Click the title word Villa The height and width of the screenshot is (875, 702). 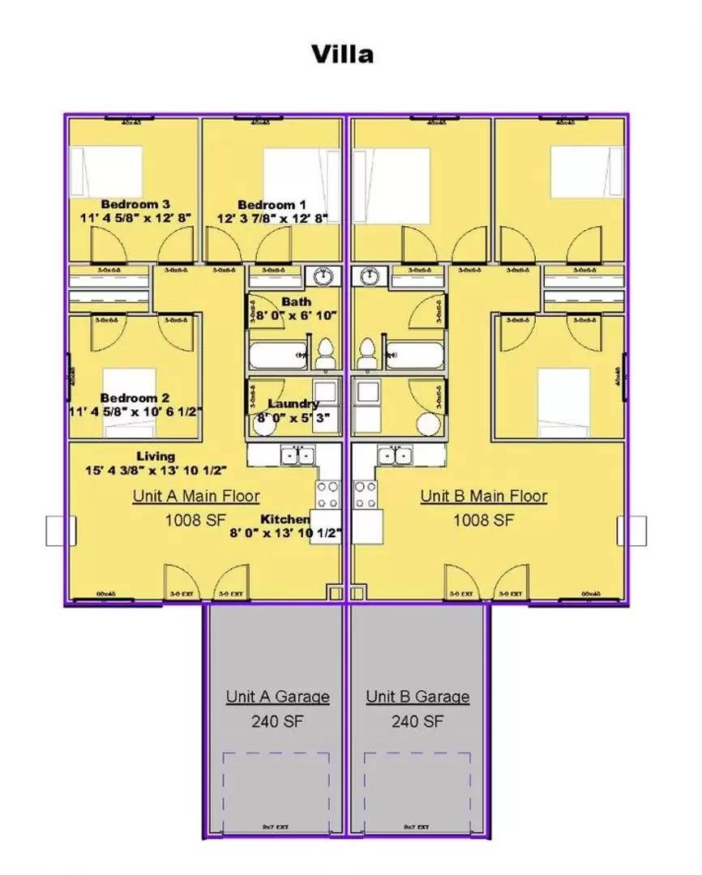[x=343, y=54]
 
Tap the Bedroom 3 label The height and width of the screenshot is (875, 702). [x=135, y=204]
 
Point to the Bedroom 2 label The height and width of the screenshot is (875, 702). [x=135, y=398]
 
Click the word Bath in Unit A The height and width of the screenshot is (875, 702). [x=296, y=302]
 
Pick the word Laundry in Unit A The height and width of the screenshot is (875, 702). [x=293, y=403]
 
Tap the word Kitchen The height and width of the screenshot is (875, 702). [x=285, y=519]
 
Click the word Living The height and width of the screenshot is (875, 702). [x=156, y=456]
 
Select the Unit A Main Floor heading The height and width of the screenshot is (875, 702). [x=197, y=496]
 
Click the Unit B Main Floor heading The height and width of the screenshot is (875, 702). [x=483, y=496]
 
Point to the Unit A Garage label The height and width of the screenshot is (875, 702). [x=277, y=697]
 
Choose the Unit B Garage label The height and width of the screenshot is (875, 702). [x=417, y=697]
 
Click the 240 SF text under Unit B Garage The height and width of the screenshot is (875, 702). [x=417, y=721]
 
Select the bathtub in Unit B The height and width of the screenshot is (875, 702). [x=414, y=354]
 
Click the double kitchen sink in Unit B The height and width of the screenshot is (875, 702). [x=396, y=455]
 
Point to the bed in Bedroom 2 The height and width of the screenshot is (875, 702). [x=129, y=387]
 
